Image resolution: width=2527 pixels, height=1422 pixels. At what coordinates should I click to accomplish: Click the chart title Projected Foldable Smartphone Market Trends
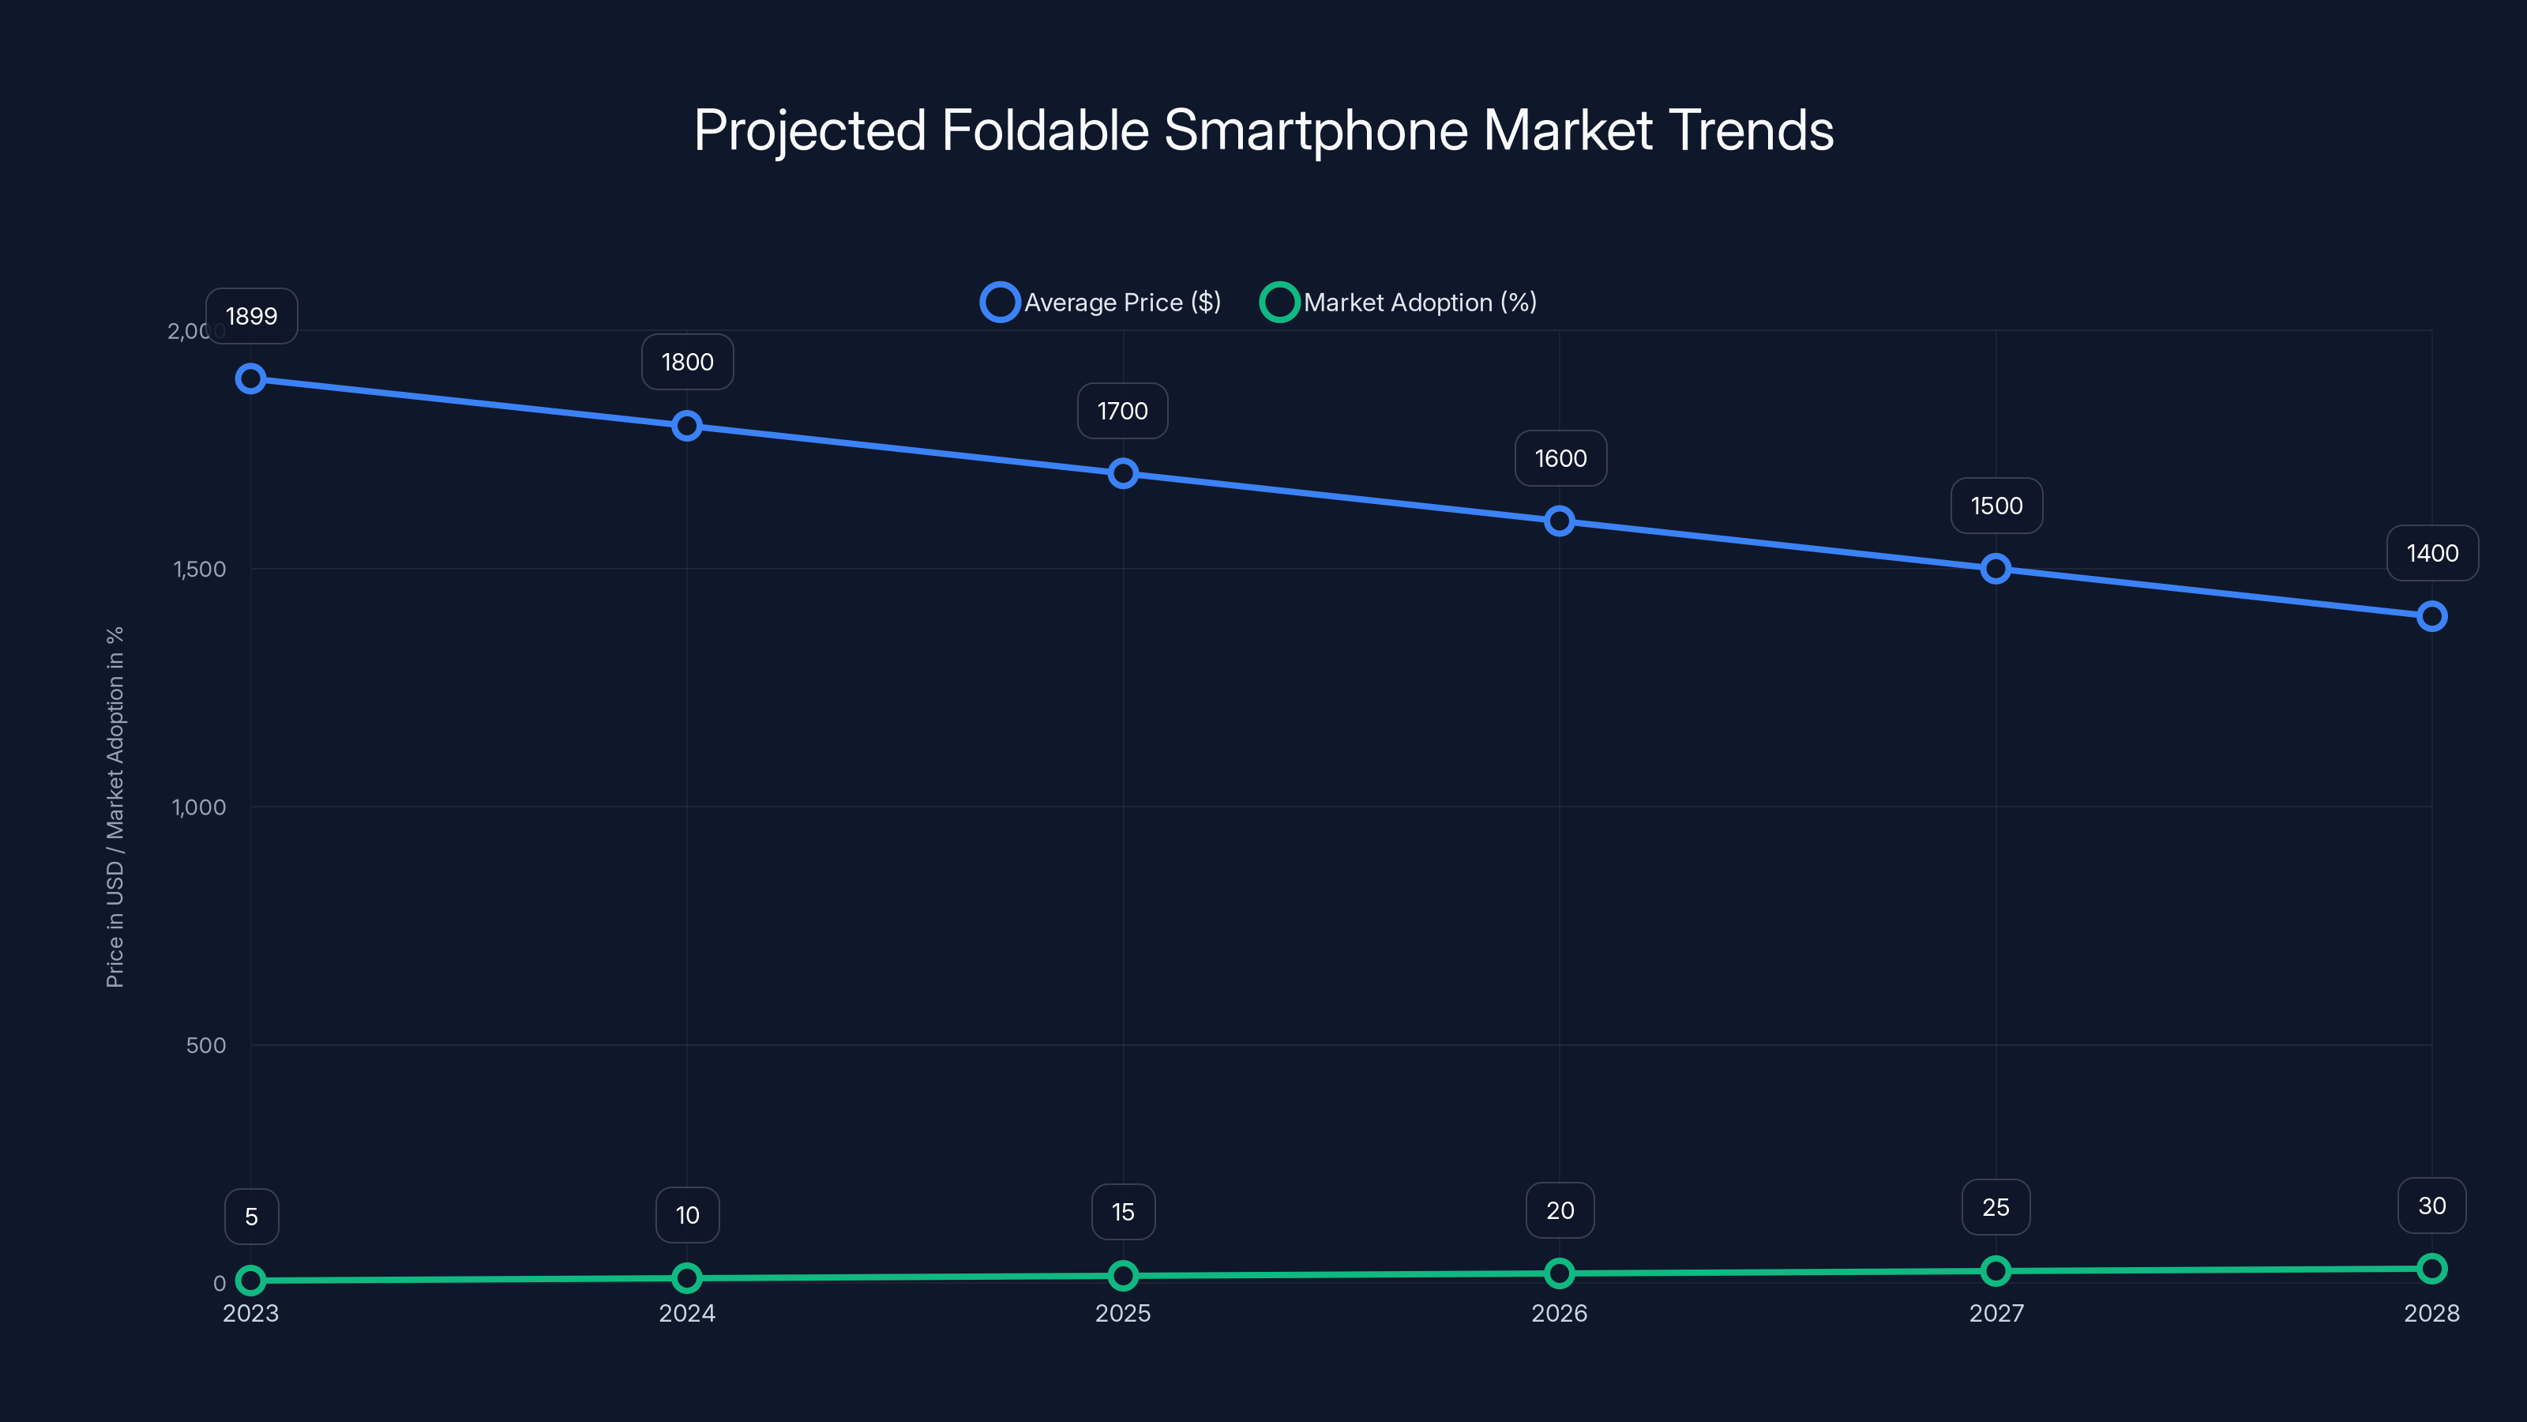pyautogui.click(x=1263, y=130)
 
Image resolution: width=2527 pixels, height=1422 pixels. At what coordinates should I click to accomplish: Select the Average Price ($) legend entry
pyautogui.click(x=1101, y=303)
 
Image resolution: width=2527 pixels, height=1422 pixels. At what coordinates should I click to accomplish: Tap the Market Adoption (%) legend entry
pyautogui.click(x=1399, y=303)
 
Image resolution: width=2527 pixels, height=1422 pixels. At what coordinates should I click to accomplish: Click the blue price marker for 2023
pyautogui.click(x=251, y=379)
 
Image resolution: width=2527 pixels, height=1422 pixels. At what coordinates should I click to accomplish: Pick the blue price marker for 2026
pyautogui.click(x=1560, y=521)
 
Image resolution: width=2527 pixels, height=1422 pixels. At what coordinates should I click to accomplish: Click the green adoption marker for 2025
pyautogui.click(x=1123, y=1276)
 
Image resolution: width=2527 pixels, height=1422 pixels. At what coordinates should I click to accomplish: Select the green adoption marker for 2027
pyautogui.click(x=1996, y=1271)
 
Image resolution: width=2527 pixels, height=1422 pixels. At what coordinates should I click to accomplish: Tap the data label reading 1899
pyautogui.click(x=251, y=316)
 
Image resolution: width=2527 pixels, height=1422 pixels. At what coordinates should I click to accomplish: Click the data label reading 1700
pyautogui.click(x=1122, y=411)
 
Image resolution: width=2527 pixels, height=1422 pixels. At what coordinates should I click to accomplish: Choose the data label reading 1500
pyautogui.click(x=1996, y=506)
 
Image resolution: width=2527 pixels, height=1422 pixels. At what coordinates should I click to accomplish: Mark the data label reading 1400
pyautogui.click(x=2432, y=554)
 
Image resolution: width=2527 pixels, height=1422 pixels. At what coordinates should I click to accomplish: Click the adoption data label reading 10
pyautogui.click(x=688, y=1215)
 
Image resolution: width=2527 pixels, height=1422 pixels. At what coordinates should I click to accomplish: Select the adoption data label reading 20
pyautogui.click(x=1560, y=1210)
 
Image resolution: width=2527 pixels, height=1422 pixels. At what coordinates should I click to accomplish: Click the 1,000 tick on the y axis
pyautogui.click(x=199, y=807)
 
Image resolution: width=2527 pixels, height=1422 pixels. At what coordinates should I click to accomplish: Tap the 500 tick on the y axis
pyautogui.click(x=206, y=1045)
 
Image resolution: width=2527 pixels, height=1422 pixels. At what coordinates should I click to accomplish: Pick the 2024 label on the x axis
pyautogui.click(x=687, y=1313)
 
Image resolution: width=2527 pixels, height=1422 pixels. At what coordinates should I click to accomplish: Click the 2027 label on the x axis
pyautogui.click(x=1996, y=1313)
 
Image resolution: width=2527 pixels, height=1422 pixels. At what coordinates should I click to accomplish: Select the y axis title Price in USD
pyautogui.click(x=115, y=807)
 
